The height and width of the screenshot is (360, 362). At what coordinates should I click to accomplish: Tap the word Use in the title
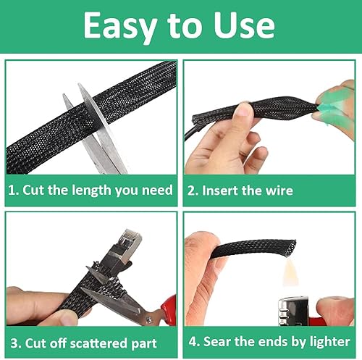click(x=244, y=25)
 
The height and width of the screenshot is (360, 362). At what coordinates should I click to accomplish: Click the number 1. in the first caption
click(x=14, y=190)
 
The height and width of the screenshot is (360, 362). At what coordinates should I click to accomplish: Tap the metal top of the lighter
click(x=293, y=311)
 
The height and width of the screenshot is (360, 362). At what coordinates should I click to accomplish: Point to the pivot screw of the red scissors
click(x=149, y=320)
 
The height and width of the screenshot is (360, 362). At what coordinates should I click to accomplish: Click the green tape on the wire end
click(x=332, y=107)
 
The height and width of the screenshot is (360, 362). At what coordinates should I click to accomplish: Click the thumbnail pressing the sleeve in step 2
click(x=243, y=111)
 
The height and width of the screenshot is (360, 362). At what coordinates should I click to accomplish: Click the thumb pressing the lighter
click(x=335, y=310)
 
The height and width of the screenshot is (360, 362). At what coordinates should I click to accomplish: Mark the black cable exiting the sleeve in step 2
click(x=190, y=133)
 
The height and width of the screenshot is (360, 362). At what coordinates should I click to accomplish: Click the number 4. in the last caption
click(x=195, y=342)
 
